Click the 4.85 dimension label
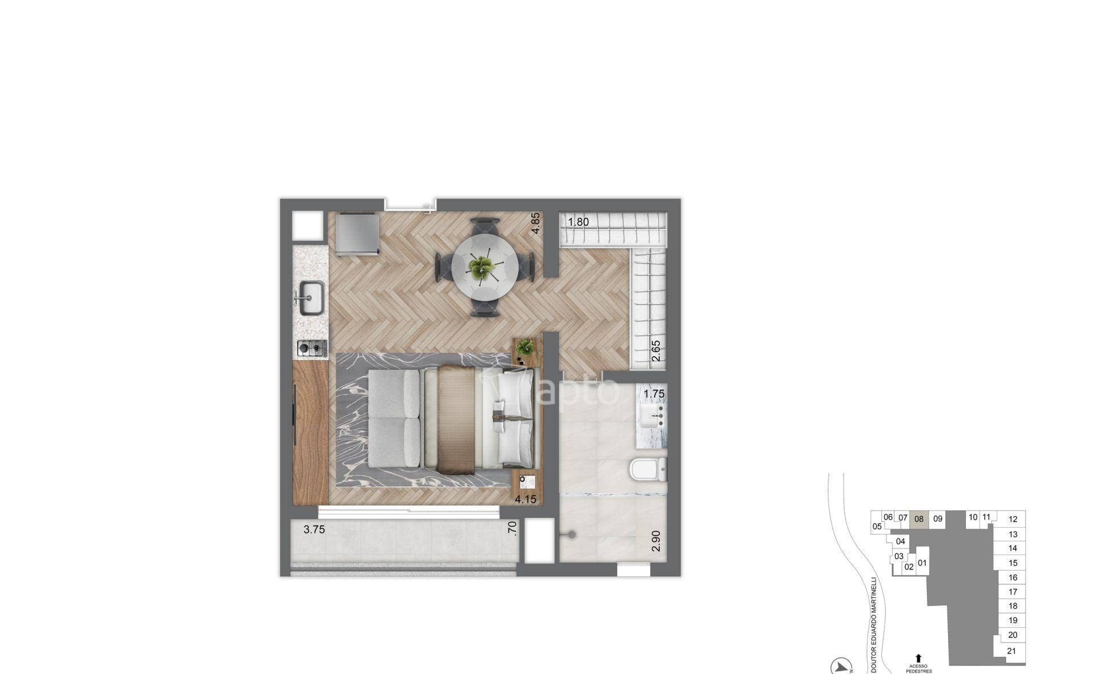535,223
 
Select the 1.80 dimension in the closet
578,222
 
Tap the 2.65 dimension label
656,350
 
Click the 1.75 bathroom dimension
654,394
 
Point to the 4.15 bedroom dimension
526,499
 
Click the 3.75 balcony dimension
314,529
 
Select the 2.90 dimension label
656,541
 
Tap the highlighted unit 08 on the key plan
919,519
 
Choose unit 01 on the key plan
922,563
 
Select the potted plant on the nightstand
526,346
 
